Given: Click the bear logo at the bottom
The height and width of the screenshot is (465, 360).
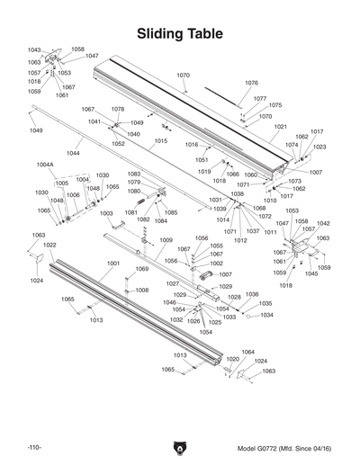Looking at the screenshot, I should point(180,447).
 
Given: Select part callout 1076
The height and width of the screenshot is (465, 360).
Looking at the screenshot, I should point(251,83).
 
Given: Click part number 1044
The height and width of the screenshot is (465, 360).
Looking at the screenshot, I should point(73,154).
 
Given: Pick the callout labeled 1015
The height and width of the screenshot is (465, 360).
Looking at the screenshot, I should point(161,141).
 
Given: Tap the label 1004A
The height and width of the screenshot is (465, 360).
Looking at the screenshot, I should point(45,165).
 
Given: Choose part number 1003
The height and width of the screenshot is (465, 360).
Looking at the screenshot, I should point(106,213).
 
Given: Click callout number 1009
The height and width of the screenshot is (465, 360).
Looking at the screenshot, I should point(166,240).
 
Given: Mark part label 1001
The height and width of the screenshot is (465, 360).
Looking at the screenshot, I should point(112,264).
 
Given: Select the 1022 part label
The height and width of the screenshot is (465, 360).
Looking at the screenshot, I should point(49,245).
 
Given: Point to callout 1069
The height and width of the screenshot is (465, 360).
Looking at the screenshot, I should point(142,269).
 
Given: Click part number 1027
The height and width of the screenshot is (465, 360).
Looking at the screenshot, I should point(173,283).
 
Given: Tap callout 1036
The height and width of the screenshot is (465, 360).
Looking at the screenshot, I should point(252,294).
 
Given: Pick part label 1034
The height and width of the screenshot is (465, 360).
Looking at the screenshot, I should point(266,315).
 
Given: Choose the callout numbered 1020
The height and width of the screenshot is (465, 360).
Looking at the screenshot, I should point(232,358).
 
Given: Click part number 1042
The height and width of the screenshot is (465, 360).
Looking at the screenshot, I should point(322,223).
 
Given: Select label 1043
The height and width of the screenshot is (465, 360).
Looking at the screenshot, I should point(34,50).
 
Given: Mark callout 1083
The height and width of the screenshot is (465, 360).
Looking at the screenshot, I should point(133,174).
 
